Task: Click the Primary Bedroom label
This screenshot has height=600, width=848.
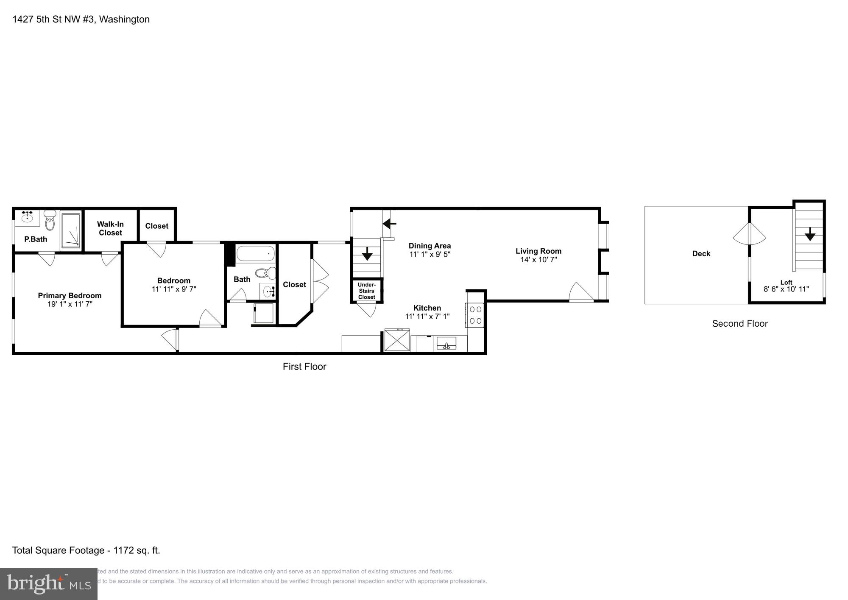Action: (x=70, y=295)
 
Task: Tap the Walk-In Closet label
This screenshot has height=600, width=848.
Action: (x=110, y=228)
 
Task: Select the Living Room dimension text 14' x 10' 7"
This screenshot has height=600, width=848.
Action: (x=538, y=260)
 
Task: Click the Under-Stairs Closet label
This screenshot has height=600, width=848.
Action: (x=366, y=291)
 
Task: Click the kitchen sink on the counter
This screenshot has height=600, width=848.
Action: (x=446, y=343)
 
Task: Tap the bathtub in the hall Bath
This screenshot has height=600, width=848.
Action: (x=255, y=254)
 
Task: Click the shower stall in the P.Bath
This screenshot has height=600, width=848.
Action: (x=70, y=230)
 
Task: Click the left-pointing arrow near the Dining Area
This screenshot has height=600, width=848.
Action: (x=389, y=223)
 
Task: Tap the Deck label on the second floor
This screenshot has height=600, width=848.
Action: (x=701, y=254)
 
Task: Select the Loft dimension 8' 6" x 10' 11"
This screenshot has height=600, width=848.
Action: (x=786, y=289)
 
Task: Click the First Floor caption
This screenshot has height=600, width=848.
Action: (x=304, y=367)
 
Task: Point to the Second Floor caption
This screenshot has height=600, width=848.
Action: (x=740, y=324)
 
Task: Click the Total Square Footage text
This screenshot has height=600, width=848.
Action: (x=86, y=550)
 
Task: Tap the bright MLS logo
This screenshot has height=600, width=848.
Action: (x=48, y=584)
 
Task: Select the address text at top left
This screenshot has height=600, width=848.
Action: (x=81, y=20)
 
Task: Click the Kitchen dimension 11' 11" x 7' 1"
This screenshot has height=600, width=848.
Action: (x=427, y=317)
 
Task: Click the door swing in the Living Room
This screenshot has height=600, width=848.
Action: (x=580, y=292)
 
